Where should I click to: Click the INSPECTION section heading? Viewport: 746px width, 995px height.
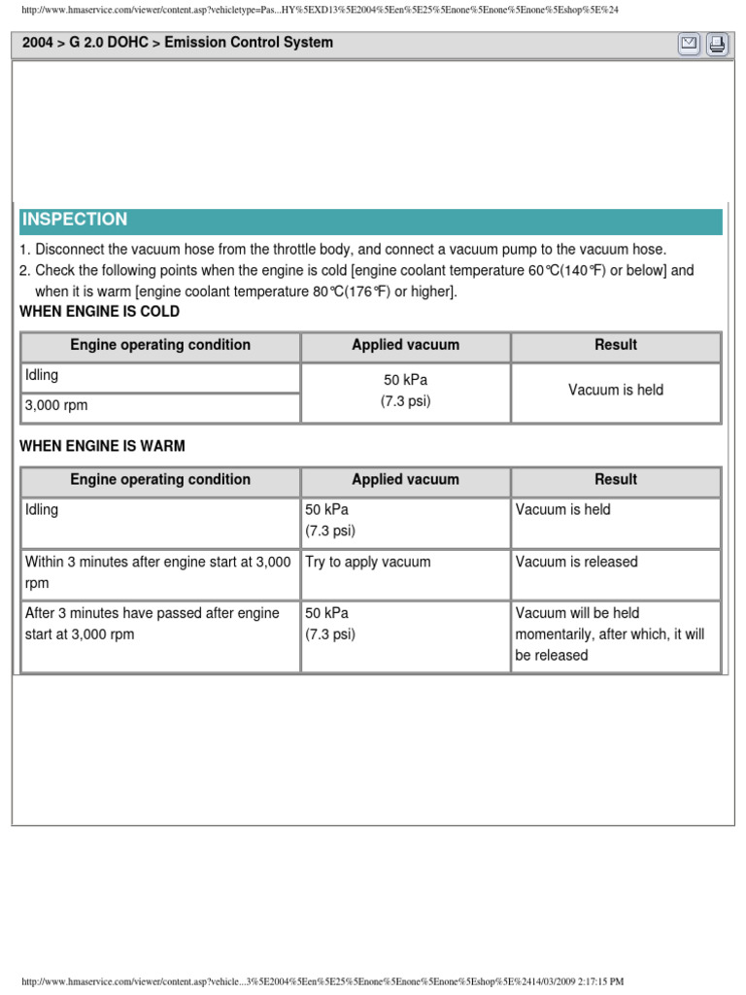click(75, 220)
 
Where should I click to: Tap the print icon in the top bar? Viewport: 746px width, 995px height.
click(717, 44)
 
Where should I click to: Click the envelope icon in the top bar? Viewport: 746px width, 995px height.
click(689, 44)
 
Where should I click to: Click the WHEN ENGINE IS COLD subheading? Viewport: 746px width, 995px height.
click(99, 312)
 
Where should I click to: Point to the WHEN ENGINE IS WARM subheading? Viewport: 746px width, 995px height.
click(102, 446)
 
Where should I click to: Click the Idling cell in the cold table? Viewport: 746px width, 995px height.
click(160, 376)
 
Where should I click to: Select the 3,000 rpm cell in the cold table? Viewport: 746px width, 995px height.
click(160, 407)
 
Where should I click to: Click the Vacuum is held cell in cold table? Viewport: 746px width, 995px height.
click(616, 391)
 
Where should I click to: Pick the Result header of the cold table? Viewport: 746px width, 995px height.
click(616, 345)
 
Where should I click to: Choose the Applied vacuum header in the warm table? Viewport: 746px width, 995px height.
click(405, 480)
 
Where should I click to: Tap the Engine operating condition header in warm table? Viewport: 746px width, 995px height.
click(160, 480)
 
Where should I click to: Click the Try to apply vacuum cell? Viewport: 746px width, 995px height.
click(405, 573)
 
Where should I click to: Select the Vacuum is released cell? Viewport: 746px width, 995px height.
click(616, 573)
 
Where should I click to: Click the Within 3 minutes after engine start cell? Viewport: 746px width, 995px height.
click(160, 573)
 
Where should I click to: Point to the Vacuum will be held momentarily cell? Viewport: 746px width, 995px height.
click(616, 635)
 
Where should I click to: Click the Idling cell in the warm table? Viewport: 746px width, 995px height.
click(160, 522)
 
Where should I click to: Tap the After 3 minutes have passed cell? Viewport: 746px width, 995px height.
click(160, 635)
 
